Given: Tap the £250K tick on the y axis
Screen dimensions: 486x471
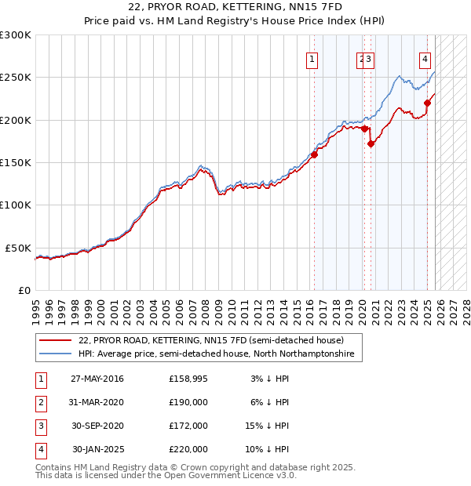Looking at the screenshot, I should coord(16,78).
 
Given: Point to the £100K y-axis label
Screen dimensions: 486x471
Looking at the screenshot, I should coord(16,205).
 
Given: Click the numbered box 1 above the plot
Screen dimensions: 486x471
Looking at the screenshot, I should coord(312,59).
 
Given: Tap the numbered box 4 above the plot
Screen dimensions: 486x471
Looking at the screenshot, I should coord(425,59).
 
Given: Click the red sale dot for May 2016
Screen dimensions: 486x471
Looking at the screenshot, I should coord(314,154).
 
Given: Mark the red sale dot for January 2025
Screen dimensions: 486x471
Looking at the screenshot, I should coord(428,103).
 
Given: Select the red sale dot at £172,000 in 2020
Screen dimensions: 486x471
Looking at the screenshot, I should coord(371,143).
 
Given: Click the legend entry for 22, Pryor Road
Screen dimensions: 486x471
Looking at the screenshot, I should coord(211,341).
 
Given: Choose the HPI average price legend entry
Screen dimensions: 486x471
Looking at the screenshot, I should coord(216,354).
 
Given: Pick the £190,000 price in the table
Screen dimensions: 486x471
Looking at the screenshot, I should coord(188,402).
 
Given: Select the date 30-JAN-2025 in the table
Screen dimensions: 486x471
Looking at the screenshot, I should coord(97,449).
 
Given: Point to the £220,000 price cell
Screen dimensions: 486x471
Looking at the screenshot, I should coord(188,449).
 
